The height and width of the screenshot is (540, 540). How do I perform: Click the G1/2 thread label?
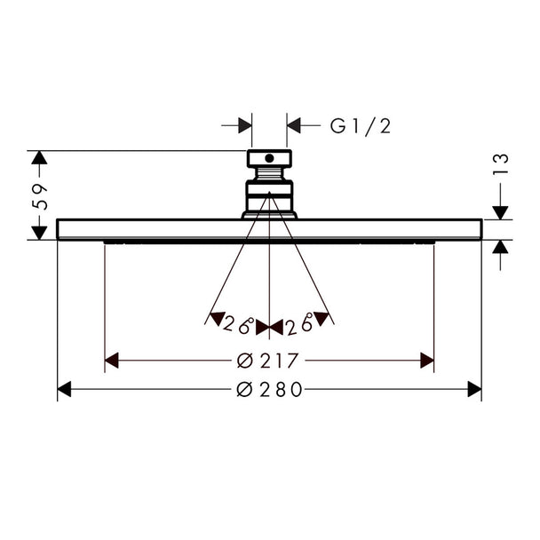(x=361, y=126)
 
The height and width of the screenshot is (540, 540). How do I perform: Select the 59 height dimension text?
(x=39, y=197)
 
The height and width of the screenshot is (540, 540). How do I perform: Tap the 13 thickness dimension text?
(x=500, y=164)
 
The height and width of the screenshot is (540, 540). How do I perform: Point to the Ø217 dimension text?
(x=267, y=361)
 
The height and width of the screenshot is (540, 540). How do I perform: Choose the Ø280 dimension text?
(x=269, y=390)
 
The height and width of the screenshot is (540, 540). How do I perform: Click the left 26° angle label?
(x=238, y=324)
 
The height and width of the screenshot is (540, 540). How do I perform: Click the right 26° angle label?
(x=299, y=324)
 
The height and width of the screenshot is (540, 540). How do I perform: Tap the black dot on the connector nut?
(x=269, y=158)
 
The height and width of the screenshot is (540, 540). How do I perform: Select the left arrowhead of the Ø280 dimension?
(x=64, y=390)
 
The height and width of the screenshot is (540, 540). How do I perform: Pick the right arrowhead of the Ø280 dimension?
(x=474, y=390)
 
